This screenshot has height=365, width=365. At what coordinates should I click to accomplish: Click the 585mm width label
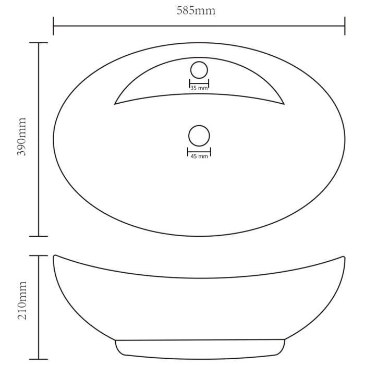coord(196,10)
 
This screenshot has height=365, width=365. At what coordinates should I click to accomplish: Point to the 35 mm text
coord(199,89)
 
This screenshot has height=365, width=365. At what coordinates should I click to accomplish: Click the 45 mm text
coord(199,156)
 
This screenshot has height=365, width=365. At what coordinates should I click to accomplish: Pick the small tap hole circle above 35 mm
coord(199,70)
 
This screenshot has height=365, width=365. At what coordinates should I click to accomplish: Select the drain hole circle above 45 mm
coord(199,136)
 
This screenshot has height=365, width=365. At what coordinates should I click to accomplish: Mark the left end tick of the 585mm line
coord(53,26)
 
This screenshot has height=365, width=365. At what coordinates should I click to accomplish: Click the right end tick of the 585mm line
coord(345,26)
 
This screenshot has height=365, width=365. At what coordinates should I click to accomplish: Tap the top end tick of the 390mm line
coord(39,43)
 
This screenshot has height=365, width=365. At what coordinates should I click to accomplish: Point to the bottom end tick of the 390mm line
coord(39,236)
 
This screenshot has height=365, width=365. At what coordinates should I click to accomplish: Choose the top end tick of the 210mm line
coord(39,256)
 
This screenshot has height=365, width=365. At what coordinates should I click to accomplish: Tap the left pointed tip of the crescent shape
coord(115,103)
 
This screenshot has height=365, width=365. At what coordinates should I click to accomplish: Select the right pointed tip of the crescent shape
coord(284,103)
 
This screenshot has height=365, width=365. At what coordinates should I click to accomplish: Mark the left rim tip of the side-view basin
coord(54,256)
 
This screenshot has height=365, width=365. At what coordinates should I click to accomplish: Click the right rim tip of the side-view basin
coord(344,256)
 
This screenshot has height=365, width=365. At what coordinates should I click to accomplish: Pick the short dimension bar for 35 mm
coord(199,83)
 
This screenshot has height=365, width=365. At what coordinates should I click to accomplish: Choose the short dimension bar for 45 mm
coord(199,151)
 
